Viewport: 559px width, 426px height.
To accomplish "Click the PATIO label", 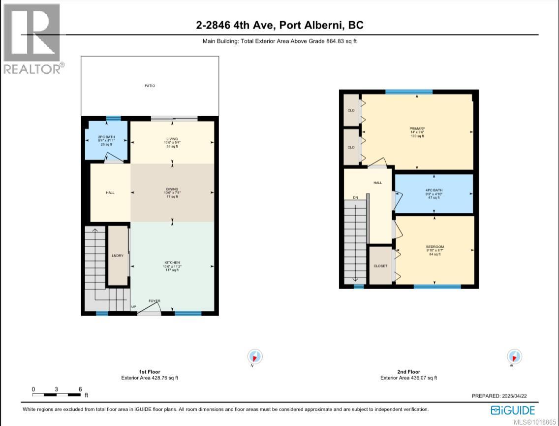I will point(150,86).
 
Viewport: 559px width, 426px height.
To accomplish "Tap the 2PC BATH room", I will point(106,140).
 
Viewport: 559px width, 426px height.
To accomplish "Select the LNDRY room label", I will point(118,255).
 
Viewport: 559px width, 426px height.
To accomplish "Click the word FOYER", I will point(155,301).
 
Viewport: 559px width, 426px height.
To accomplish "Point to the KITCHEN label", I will point(172,262).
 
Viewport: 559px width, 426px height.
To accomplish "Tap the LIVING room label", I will point(172,139).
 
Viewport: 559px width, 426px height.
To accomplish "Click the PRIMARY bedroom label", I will point(417,129).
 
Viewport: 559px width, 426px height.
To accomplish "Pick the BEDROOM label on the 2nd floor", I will point(435,247).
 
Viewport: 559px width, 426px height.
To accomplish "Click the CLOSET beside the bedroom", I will point(380,266).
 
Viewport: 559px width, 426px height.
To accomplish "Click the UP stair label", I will point(133,307).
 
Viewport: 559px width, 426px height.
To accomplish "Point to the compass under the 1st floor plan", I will point(255,357).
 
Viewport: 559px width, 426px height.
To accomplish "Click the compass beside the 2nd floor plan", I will point(514,356).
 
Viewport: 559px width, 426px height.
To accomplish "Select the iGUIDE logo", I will point(513,410).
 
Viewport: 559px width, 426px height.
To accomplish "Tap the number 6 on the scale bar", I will point(80,389).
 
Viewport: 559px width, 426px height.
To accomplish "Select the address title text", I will point(279,26).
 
